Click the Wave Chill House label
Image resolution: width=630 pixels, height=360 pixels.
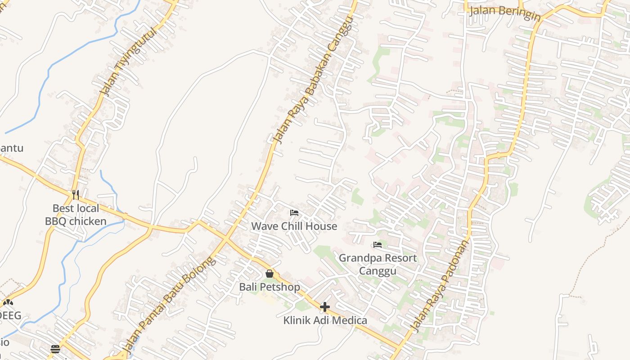(x=294, y=226)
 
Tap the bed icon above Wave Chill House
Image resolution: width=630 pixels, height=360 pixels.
(x=294, y=212)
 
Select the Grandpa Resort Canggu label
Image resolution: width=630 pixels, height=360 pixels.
(x=378, y=264)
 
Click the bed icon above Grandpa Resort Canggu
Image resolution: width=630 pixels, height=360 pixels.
(x=378, y=245)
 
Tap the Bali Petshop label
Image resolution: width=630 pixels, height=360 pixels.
(x=269, y=287)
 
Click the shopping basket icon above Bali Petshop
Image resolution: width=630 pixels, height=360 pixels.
(x=270, y=274)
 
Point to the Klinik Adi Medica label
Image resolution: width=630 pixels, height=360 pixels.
(x=325, y=320)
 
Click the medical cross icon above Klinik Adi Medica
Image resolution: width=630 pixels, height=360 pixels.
(x=325, y=307)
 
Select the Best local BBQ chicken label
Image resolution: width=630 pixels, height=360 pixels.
(x=76, y=215)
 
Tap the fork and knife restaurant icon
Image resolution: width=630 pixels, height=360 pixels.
(x=76, y=195)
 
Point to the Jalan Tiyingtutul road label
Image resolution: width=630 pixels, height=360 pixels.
(x=129, y=61)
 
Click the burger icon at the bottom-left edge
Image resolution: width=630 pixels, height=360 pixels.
(x=55, y=349)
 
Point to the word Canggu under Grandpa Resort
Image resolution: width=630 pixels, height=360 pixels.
(x=378, y=271)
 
